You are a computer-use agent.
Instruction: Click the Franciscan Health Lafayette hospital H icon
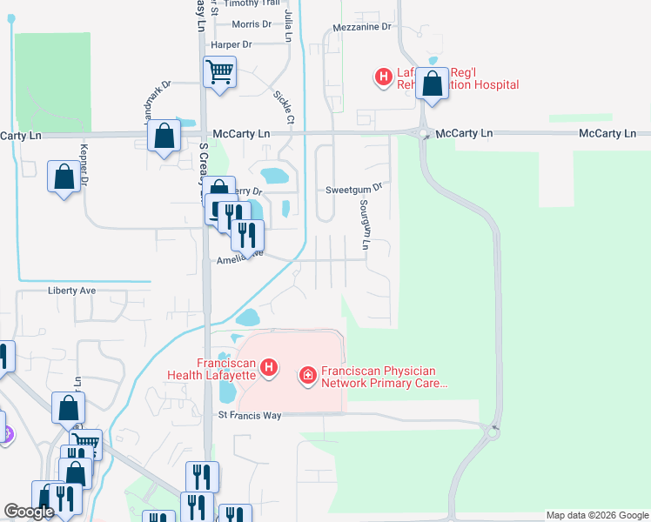point(270,368)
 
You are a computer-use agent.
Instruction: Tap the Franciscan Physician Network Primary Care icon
point(306,376)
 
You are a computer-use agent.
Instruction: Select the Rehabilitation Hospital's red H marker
point(382,77)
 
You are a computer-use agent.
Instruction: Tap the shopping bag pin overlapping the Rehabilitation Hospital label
point(432,84)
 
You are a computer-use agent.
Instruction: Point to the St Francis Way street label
point(250,416)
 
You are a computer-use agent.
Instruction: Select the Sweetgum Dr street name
point(353,188)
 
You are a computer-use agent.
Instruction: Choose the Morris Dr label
point(252,23)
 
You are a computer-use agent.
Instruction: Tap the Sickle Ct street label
point(285,106)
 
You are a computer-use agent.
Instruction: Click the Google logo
point(29,512)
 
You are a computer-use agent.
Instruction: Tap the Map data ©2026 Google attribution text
point(596,515)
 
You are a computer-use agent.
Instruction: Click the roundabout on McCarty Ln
point(424,134)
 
